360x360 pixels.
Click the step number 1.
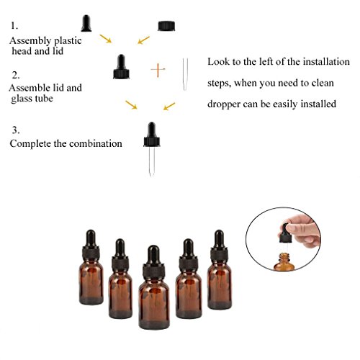pyautogui.click(x=14, y=26)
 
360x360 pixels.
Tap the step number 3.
pyautogui.click(x=16, y=130)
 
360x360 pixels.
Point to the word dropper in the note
pyautogui.click(x=223, y=104)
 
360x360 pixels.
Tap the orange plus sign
pyautogui.click(x=158, y=70)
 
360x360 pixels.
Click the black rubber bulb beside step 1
pyautogui.click(x=86, y=24)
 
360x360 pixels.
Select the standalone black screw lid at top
pyautogui.click(x=166, y=26)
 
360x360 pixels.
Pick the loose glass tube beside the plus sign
pyautogui.click(x=185, y=74)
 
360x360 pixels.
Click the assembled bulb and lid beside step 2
pyautogui.click(x=121, y=67)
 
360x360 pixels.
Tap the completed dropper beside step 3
pyautogui.click(x=152, y=149)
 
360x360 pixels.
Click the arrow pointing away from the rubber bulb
pyautogui.click(x=106, y=39)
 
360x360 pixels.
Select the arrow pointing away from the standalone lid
pyautogui.click(x=143, y=40)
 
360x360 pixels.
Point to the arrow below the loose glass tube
pyautogui.click(x=169, y=107)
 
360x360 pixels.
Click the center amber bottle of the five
pyautogui.click(x=154, y=287)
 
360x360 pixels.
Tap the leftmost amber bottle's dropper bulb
pyautogui.click(x=91, y=238)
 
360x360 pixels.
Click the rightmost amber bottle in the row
pyautogui.click(x=220, y=270)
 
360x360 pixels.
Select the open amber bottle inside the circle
pyautogui.click(x=284, y=261)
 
